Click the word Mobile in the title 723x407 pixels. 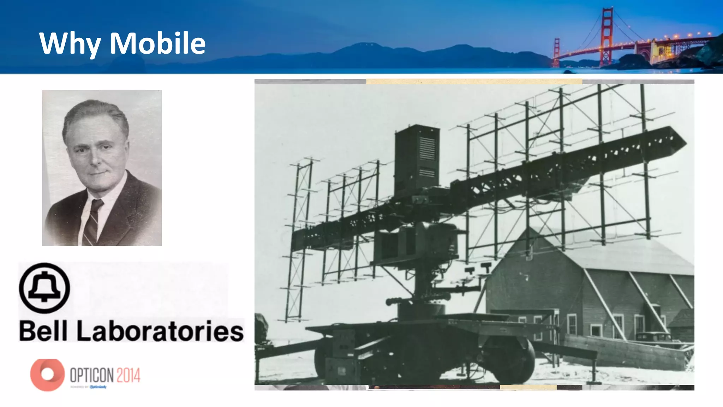click(157, 43)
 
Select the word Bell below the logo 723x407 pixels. click(43, 331)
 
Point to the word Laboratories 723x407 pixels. click(160, 331)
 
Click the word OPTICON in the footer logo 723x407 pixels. click(91, 375)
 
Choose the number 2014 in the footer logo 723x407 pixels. click(128, 375)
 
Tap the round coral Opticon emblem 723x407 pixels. click(47, 375)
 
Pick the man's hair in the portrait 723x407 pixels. click(95, 113)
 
